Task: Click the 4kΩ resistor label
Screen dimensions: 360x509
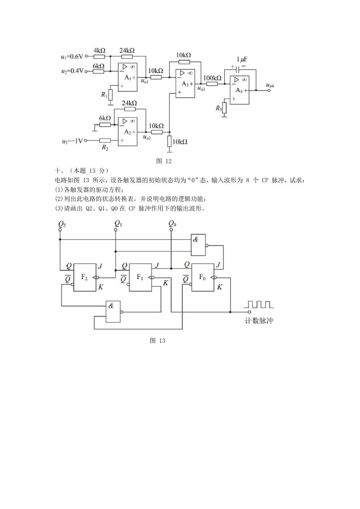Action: pyautogui.click(x=99, y=50)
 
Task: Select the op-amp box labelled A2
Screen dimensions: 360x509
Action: pyautogui.click(x=128, y=132)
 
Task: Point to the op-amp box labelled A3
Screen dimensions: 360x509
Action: pyautogui.click(x=185, y=84)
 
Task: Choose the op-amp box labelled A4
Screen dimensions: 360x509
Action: pyautogui.click(x=239, y=90)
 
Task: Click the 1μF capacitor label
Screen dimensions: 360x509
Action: pyautogui.click(x=242, y=60)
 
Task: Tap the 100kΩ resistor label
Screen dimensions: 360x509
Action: pyautogui.click(x=213, y=78)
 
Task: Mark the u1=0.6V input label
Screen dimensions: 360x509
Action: pyautogui.click(x=72, y=56)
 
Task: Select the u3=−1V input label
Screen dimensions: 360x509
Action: pyautogui.click(x=72, y=141)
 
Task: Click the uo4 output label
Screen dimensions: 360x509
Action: pyautogui.click(x=270, y=86)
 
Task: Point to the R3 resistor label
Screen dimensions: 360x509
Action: pyautogui.click(x=218, y=108)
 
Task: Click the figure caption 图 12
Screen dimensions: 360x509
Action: pyautogui.click(x=164, y=161)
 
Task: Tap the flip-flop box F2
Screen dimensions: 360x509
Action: pyautogui.click(x=85, y=277)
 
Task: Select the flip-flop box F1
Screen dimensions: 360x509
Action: pyautogui.click(x=140, y=277)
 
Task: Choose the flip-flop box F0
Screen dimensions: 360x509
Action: pyautogui.click(x=203, y=277)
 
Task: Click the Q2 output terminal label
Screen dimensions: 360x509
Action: pyautogui.click(x=62, y=224)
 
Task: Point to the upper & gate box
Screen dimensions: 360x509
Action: pyautogui.click(x=198, y=245)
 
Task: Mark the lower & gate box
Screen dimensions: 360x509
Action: pyautogui.click(x=113, y=312)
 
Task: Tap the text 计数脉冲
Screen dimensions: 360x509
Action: pyautogui.click(x=259, y=321)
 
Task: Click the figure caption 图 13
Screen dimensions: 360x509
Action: pyautogui.click(x=157, y=341)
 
